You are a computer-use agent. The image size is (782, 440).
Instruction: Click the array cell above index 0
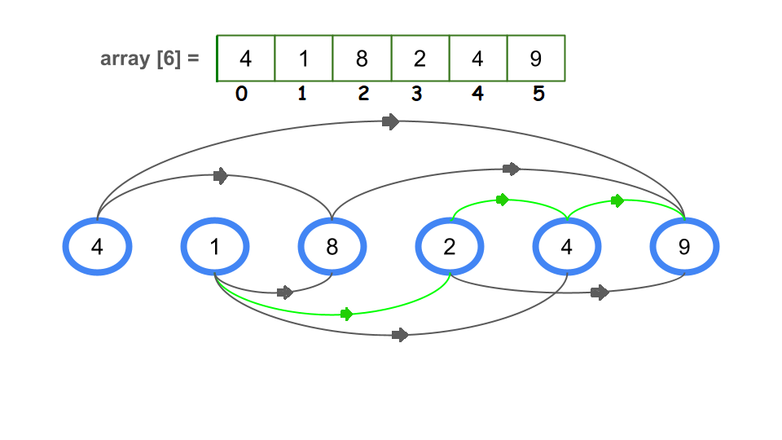246,59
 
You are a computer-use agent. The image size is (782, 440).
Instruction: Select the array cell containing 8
362,59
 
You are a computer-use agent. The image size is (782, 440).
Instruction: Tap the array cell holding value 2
420,59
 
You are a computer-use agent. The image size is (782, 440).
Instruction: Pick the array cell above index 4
478,59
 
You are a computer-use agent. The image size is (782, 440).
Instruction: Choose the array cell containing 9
536,59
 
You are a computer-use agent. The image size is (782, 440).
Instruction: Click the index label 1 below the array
302,95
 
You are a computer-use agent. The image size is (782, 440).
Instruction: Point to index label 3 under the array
417,95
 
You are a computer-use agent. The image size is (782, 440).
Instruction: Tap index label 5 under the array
538,95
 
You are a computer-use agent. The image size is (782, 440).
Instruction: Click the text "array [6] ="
150,59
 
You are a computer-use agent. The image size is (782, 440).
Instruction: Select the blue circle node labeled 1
215,247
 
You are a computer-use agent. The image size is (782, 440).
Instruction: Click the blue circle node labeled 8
332,247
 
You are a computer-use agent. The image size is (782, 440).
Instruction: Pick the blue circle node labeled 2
450,247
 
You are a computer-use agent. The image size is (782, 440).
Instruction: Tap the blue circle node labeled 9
684,247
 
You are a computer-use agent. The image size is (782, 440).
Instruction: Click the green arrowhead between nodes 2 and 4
502,200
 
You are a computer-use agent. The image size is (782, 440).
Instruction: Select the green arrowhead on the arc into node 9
617,200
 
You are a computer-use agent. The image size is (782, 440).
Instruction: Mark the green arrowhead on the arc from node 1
346,314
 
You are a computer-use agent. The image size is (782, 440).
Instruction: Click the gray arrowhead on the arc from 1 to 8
284,293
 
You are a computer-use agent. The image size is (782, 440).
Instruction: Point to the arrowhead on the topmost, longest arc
391,122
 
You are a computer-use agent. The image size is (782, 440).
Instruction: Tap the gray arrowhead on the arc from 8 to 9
511,169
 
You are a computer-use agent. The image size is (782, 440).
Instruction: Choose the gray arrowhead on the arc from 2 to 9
600,293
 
